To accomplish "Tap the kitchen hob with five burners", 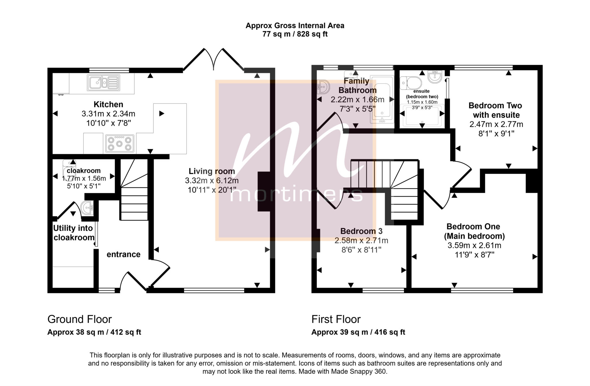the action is point(120,143).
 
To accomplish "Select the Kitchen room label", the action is point(108,104).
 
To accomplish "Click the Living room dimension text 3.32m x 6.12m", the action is point(212,181).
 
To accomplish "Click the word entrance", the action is point(124,254).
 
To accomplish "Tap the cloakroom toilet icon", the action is point(69,169).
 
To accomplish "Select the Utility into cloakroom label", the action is point(74,233).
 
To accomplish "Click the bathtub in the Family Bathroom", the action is point(382,100).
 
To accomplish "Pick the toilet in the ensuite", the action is point(411,83).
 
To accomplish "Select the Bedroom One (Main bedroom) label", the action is point(474,231).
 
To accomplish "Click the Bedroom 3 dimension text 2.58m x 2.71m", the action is point(361,241).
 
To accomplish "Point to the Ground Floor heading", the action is point(80,319).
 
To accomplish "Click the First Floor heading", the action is point(336,319).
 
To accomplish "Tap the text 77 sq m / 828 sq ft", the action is point(295,34).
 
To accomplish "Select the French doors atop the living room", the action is point(214,59).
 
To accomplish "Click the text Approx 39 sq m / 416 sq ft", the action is point(358,332).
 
